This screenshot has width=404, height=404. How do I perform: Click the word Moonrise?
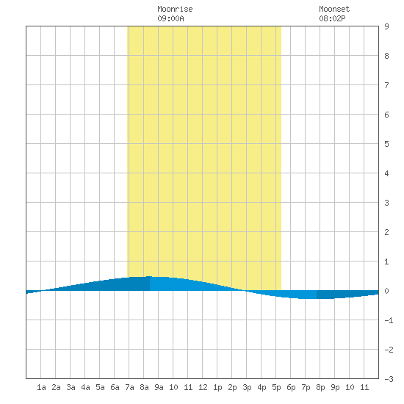point(175,9)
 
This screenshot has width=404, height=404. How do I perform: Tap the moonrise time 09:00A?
point(170,18)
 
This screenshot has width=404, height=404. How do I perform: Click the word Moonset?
point(334,9)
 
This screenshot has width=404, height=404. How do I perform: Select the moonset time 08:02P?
point(332,18)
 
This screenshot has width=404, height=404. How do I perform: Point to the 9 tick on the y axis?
point(386,26)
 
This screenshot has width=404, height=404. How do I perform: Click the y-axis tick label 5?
point(386,144)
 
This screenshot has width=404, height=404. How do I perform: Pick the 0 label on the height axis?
point(386,291)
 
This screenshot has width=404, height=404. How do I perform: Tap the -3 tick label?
point(389,379)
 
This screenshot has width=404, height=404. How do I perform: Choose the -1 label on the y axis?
point(389,320)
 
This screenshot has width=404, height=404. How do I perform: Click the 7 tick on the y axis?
point(386,85)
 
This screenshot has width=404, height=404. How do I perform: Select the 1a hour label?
point(41,387)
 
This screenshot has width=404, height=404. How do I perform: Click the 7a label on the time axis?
point(129,387)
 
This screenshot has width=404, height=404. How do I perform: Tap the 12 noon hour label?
point(203,387)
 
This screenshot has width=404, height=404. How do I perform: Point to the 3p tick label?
point(247,387)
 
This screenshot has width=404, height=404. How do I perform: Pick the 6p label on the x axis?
point(291,387)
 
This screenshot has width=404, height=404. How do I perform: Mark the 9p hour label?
point(335,387)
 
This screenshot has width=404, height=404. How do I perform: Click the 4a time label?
point(85,387)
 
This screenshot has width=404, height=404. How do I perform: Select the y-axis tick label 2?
point(386,232)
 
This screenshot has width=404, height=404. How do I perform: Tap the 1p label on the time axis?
point(217,387)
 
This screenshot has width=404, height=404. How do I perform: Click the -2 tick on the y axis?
point(389,350)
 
